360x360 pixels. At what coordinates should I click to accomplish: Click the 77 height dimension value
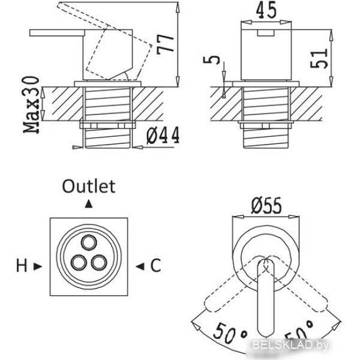tap(166, 44)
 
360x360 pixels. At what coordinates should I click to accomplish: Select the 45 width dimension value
tap(266, 11)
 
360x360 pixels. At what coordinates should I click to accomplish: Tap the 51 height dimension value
tap(319, 59)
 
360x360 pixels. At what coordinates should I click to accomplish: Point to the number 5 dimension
tap(211, 59)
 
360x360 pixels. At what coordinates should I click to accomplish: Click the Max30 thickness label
tap(31, 104)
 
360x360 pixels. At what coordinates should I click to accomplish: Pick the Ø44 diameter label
tap(163, 136)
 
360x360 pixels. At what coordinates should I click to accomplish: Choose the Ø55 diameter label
tap(266, 206)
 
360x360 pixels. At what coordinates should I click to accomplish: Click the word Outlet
tap(89, 186)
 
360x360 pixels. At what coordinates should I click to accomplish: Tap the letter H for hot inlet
tap(22, 266)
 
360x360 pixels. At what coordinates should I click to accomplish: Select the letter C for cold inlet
tap(155, 266)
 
